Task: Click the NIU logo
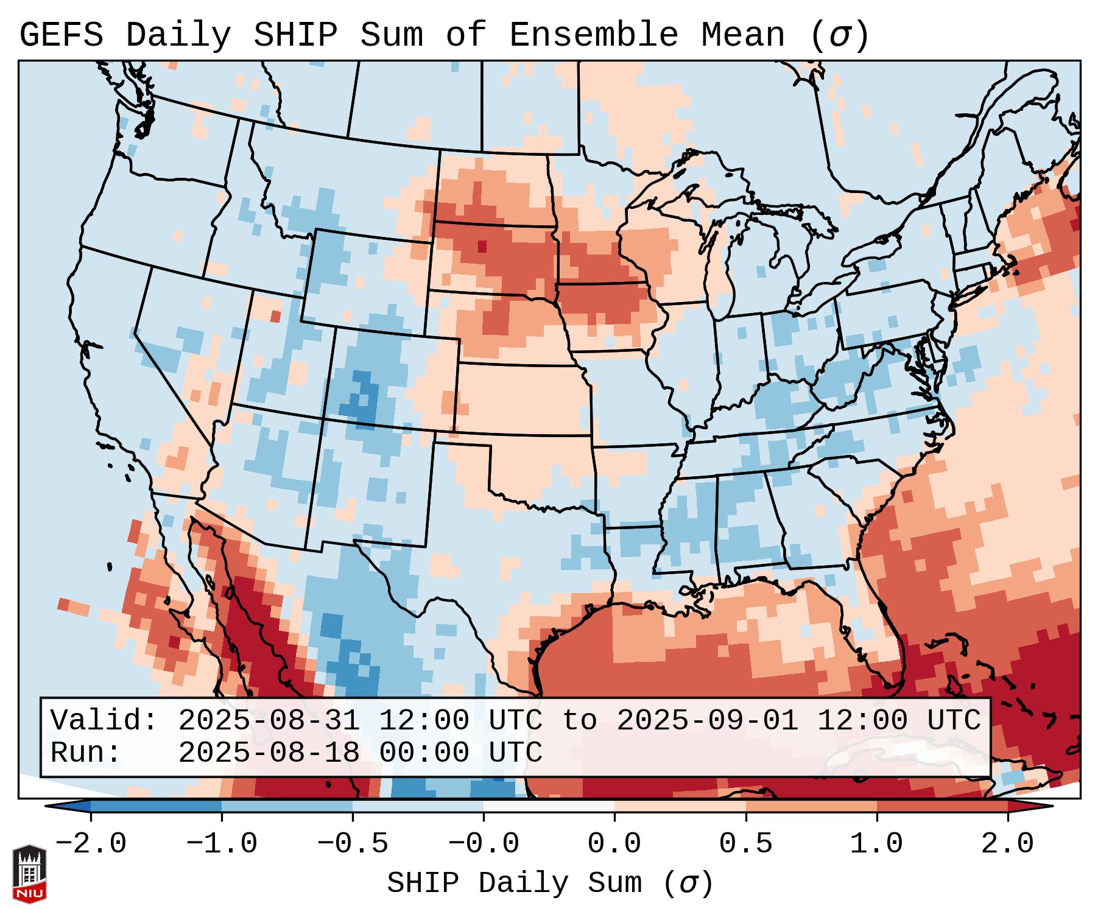coord(29,874)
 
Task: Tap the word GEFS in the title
coord(61,35)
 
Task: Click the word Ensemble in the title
coord(593,35)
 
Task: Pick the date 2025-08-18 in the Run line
coord(269,753)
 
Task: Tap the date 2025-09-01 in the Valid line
coord(707,720)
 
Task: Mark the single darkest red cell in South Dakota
coord(482,246)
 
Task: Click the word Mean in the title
coord(743,35)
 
